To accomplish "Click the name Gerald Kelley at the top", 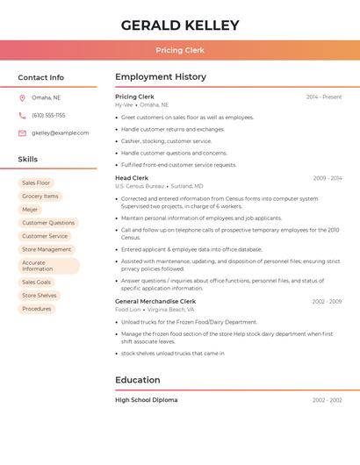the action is [180, 25].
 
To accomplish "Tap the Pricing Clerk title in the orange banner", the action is [180, 50].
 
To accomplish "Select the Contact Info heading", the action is [41, 77].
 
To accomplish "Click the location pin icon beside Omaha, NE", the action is [22, 97].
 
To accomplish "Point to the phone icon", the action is [22, 115].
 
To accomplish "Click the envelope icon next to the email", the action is [22, 133].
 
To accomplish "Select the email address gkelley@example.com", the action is [60, 133].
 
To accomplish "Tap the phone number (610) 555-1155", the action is [48, 115].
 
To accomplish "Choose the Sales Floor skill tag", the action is [36, 182].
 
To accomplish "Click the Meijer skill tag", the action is [30, 210].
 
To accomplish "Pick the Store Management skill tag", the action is [47, 249].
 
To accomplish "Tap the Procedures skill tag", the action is [37, 309].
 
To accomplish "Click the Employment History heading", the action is [161, 77].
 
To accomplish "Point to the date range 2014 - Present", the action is [324, 97].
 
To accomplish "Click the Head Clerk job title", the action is [132, 178].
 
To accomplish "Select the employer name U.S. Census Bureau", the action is [140, 186].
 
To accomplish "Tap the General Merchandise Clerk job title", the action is [155, 301].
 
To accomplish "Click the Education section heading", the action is [138, 380].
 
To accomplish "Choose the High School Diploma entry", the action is [147, 400].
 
